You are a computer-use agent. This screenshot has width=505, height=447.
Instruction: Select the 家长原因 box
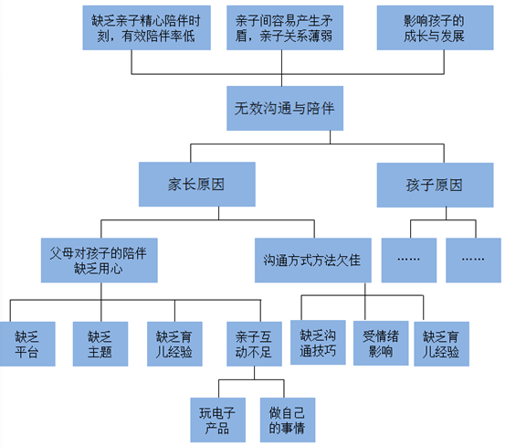(x=195, y=184)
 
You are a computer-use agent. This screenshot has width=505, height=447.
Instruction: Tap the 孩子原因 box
(x=434, y=184)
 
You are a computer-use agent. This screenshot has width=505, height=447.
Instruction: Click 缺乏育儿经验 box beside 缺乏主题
(x=174, y=343)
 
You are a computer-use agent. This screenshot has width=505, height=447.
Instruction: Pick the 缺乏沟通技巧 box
(x=318, y=342)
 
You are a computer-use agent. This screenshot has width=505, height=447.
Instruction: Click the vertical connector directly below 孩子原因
(x=434, y=215)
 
